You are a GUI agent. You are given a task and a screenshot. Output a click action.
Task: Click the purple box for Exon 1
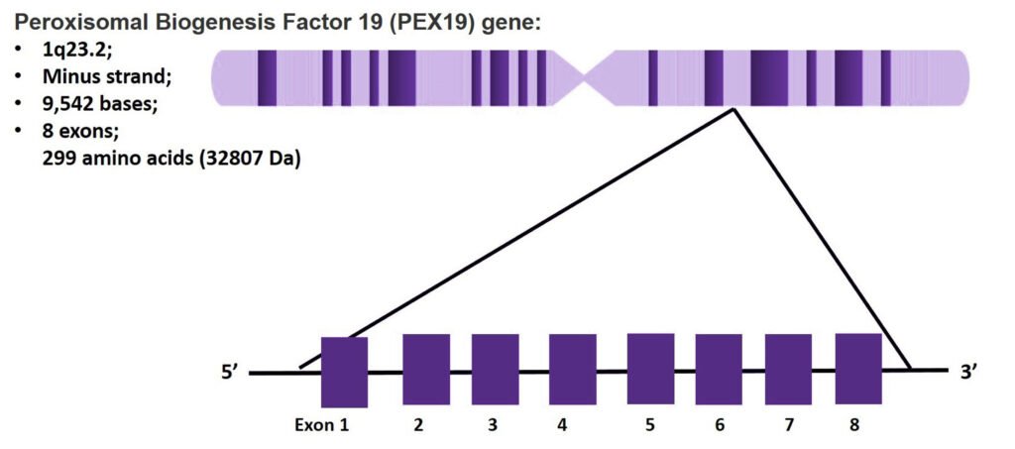[x=344, y=372]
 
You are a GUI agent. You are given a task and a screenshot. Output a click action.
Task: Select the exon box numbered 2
[x=426, y=369]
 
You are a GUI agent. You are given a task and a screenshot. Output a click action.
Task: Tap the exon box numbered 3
[x=496, y=369]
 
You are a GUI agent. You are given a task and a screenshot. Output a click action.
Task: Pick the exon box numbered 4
[x=572, y=369]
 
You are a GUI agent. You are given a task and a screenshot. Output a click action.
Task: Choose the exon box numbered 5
[x=650, y=369]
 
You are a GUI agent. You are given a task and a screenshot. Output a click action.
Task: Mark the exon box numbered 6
[x=719, y=369]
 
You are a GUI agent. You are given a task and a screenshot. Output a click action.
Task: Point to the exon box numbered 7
[x=788, y=369]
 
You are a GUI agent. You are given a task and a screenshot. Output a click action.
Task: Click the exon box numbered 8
[x=858, y=369]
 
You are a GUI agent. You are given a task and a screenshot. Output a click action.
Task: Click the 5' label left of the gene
[x=231, y=374]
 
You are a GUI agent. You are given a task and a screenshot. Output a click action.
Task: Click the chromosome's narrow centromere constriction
[x=586, y=78]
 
